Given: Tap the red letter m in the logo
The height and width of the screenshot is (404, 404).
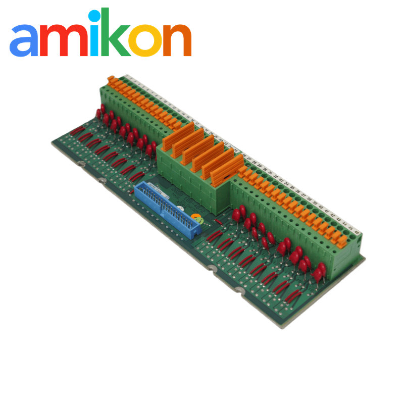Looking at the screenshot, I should pyautogui.click(x=63, y=40).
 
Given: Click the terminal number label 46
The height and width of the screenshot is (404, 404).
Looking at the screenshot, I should pyautogui.click(x=357, y=233).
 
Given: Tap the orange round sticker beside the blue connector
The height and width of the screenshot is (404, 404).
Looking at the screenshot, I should pyautogui.click(x=198, y=219).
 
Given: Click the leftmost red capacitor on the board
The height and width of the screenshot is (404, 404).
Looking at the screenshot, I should pyautogui.click(x=99, y=112).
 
